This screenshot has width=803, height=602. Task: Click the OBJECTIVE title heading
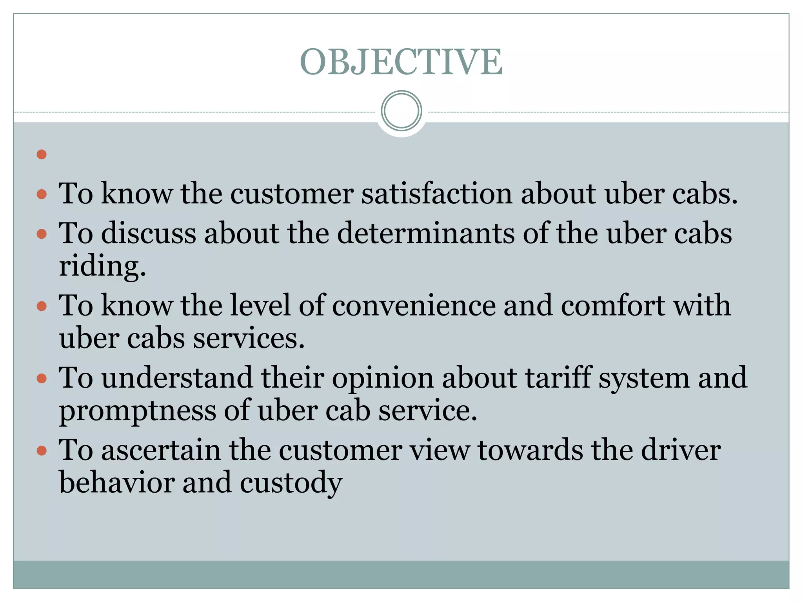(401, 62)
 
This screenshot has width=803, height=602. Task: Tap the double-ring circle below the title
(401, 111)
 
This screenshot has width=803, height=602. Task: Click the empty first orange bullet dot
(42, 154)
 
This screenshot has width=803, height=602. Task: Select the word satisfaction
(436, 194)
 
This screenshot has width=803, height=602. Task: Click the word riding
(102, 267)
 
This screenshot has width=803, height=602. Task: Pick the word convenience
(414, 306)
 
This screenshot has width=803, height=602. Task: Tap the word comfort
(612, 306)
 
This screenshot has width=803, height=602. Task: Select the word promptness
(138, 412)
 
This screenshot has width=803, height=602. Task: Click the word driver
(680, 450)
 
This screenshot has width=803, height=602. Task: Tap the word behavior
(117, 482)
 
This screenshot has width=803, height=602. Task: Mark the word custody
(291, 483)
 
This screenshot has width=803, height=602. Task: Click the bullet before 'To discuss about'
(42, 234)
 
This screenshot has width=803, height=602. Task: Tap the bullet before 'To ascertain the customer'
(42, 451)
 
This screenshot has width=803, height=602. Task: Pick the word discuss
(149, 234)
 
